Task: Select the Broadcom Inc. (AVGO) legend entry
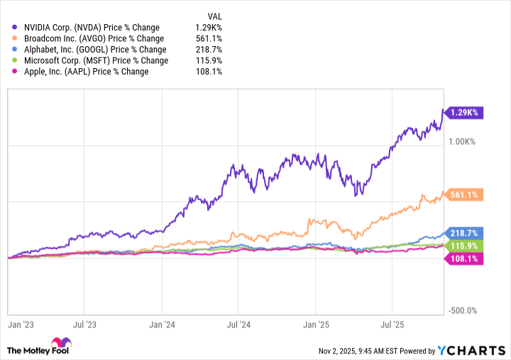point(89,38)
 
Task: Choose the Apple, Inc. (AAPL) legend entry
point(81,72)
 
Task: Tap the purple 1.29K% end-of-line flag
point(463,112)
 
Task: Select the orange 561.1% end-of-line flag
point(463,195)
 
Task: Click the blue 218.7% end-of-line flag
point(463,233)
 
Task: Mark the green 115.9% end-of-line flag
point(463,245)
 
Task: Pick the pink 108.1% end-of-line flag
point(463,259)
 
